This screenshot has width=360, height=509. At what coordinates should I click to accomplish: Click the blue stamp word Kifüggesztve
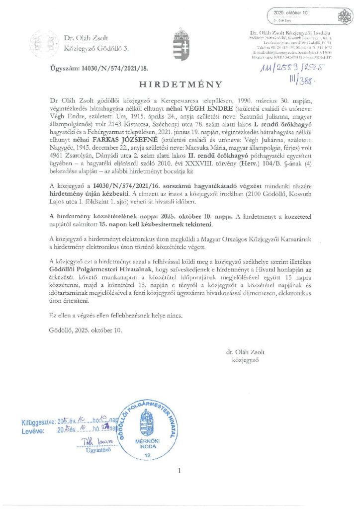click(x=38, y=422)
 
